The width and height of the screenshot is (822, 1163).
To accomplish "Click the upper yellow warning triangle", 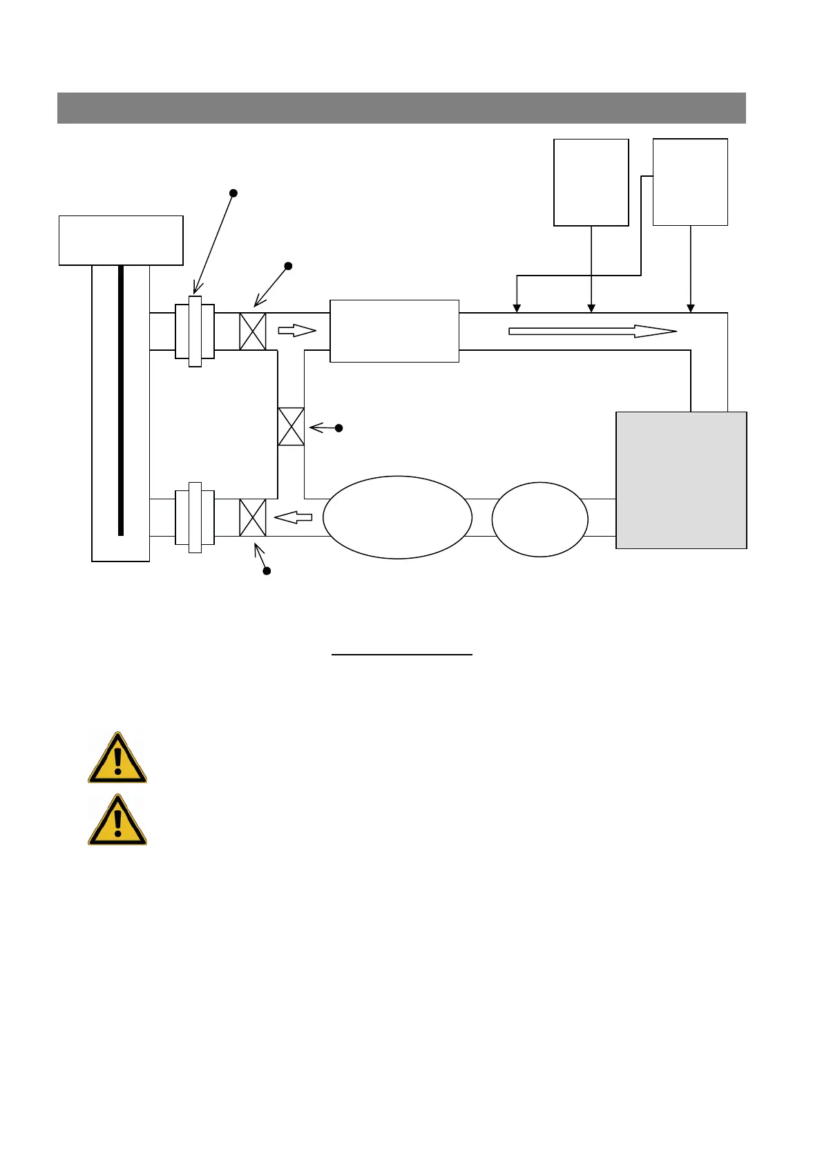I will (117, 759).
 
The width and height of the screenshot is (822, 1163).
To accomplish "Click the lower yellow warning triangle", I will (117, 821).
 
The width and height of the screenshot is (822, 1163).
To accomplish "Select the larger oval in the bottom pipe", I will (397, 517).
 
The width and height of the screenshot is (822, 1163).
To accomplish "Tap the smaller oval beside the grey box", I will (539, 519).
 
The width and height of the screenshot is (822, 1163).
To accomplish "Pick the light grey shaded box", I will (681, 481).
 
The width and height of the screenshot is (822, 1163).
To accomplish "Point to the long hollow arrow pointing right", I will (592, 331).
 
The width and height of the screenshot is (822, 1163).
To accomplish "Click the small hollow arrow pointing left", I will (294, 517).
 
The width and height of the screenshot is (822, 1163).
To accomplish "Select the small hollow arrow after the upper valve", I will (297, 331).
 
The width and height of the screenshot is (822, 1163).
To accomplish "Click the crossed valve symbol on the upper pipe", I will (252, 331).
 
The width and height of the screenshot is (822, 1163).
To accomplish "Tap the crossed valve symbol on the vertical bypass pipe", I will (291, 427).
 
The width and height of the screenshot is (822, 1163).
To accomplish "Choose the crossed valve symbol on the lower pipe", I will (252, 518).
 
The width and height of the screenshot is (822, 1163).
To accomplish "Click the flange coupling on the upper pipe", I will (195, 331).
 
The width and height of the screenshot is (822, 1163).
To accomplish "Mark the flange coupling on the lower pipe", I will (195, 517).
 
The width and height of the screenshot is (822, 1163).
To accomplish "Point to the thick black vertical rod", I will (121, 401).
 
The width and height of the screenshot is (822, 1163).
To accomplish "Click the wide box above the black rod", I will (121, 240).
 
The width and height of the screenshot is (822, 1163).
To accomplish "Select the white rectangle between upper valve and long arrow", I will (394, 331).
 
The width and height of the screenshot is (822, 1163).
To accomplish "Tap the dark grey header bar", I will (401, 108).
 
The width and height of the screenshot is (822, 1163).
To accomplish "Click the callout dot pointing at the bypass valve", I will (338, 428).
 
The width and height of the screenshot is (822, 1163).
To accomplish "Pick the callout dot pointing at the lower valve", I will (267, 571).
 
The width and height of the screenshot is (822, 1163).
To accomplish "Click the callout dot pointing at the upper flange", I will (233, 193).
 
